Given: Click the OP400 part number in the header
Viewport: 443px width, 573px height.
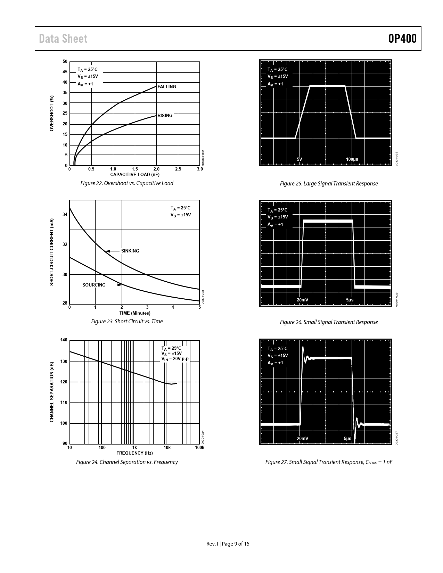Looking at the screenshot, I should pos(402,39).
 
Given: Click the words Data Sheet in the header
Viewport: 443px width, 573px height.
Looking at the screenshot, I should pos(63,39).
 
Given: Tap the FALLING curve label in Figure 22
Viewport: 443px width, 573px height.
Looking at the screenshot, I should pos(167,87).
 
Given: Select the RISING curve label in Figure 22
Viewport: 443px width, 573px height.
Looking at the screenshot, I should pos(165,116).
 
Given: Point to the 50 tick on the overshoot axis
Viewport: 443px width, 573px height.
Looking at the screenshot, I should pos(65,62).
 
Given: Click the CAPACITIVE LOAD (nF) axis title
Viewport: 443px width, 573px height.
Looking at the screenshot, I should pos(135,174).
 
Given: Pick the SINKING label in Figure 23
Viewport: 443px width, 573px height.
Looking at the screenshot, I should pos(130,251).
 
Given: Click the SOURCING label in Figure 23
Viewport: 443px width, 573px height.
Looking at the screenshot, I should pos(94,285).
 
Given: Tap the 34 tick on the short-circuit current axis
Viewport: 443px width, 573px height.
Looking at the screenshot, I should pos(65,215).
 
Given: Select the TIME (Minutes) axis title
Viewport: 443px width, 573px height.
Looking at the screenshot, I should pos(135,313).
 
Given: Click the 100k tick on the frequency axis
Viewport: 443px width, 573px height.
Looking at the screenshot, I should pos(199,448).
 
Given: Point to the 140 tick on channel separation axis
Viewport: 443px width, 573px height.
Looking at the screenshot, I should pos(64,340).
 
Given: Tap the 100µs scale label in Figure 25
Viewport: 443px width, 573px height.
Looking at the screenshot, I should pos(352,159).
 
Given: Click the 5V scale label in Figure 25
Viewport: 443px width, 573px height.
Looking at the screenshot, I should pos(300,159).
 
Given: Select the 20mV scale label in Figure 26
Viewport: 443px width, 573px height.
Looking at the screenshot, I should pos(302,300).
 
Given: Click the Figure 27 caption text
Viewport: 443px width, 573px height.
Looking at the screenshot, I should pos(329,462).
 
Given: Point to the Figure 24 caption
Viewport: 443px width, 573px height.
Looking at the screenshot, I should pos(127,462).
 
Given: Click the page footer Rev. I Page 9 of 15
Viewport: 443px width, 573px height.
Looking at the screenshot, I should pos(228,544).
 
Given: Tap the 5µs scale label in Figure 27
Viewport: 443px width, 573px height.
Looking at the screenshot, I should pos(347,439).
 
